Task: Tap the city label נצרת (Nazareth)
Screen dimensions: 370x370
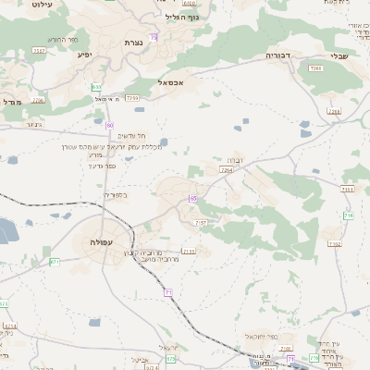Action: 133,43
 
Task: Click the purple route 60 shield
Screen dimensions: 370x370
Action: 110,124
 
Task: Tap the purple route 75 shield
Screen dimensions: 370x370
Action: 154,37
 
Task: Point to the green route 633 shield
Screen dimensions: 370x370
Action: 96,87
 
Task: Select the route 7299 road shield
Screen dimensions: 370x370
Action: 132,97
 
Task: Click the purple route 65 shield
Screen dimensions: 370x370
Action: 193,198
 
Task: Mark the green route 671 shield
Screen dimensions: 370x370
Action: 55,262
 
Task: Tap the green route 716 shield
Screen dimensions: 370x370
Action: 349,216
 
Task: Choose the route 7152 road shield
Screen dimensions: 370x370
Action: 335,244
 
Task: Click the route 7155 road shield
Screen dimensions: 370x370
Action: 190,251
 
